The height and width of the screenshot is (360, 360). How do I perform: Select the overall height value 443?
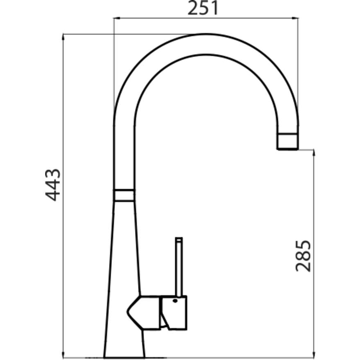click(53, 185)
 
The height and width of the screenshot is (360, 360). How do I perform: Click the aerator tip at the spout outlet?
click(287, 141)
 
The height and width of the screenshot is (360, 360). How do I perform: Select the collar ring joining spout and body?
click(124, 195)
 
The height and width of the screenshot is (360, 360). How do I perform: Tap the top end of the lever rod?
click(179, 239)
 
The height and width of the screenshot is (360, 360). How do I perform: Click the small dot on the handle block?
click(175, 301)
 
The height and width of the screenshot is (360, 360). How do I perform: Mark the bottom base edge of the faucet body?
click(124, 357)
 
